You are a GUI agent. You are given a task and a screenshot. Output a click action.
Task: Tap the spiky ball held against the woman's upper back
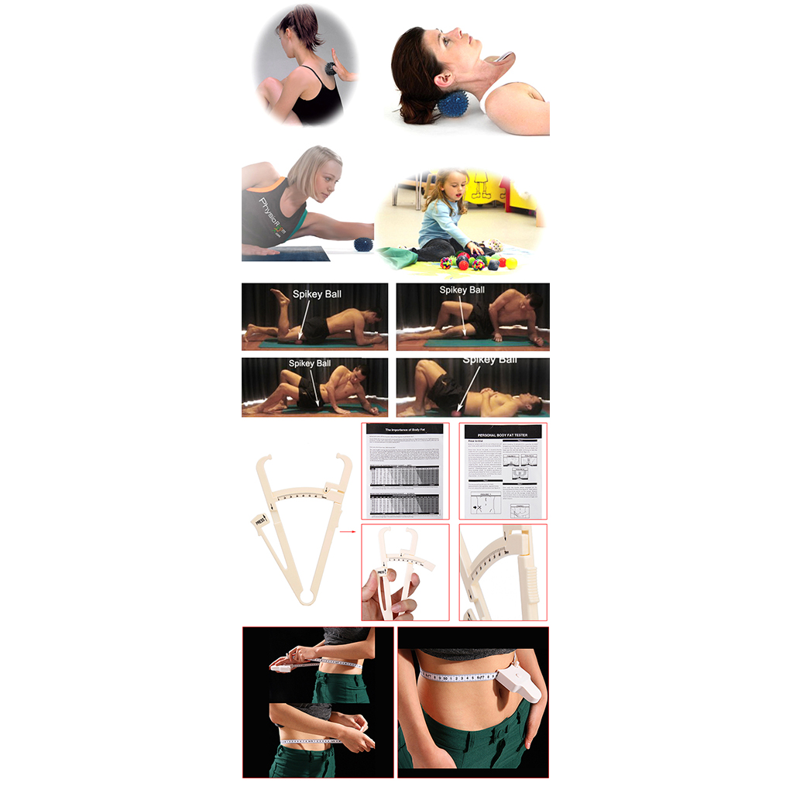click(x=332, y=68)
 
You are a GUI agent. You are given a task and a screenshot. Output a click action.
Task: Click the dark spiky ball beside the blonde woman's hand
click(x=363, y=246)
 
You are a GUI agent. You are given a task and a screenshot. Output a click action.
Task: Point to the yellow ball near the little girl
click(x=512, y=263)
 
